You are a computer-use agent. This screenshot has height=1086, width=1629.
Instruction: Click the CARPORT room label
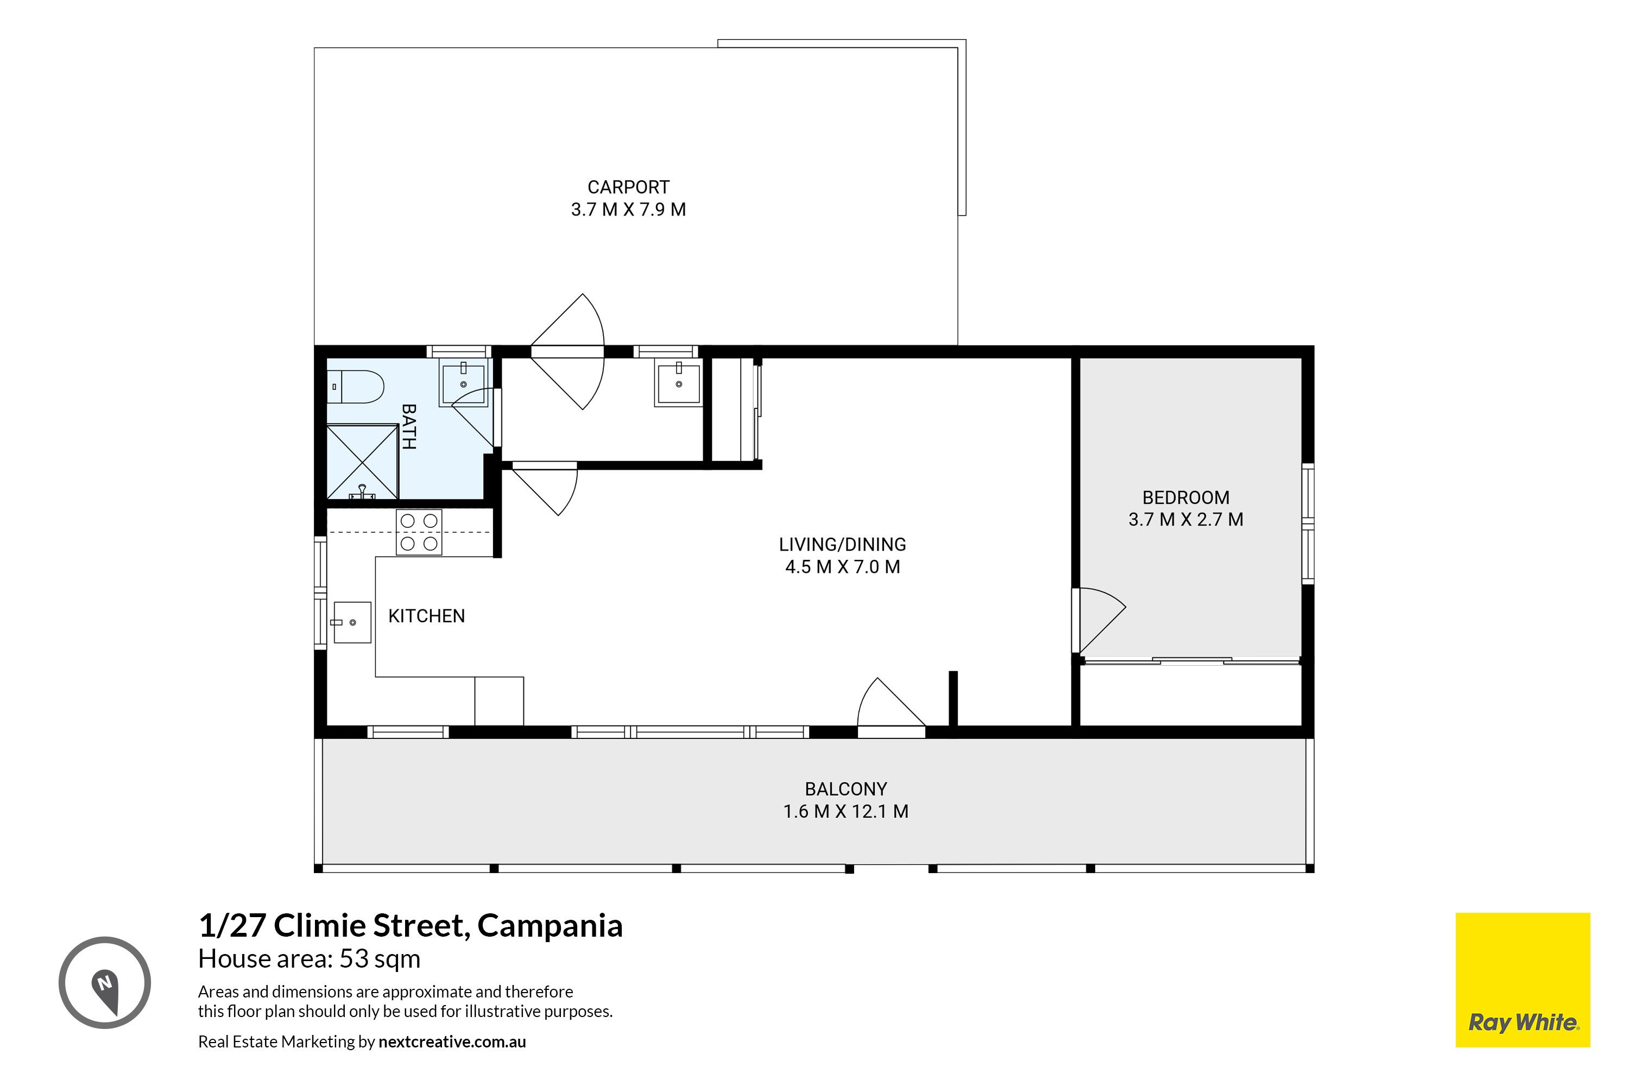coord(628,187)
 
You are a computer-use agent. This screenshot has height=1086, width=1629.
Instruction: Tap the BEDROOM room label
coord(1186,497)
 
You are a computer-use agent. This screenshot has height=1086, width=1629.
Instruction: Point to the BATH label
coord(409,427)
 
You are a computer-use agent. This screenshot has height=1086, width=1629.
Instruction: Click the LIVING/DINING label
coord(842,545)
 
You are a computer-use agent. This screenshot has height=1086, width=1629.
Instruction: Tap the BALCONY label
coord(845,789)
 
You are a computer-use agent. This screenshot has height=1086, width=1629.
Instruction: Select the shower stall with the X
coord(362,461)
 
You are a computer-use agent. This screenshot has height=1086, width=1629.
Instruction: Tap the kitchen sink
coord(352,622)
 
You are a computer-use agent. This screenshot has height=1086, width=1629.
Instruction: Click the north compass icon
coord(105,982)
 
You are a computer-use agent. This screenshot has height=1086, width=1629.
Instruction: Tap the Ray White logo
coord(1523,980)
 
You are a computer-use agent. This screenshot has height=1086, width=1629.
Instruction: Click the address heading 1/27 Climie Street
coord(411,925)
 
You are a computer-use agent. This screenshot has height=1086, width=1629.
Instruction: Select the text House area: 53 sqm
coord(309,958)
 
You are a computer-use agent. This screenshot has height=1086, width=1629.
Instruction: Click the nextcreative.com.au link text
coord(452,1041)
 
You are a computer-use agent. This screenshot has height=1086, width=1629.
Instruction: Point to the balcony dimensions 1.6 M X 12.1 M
coord(845,811)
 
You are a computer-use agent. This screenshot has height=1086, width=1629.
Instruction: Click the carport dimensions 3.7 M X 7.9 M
coord(628,209)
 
